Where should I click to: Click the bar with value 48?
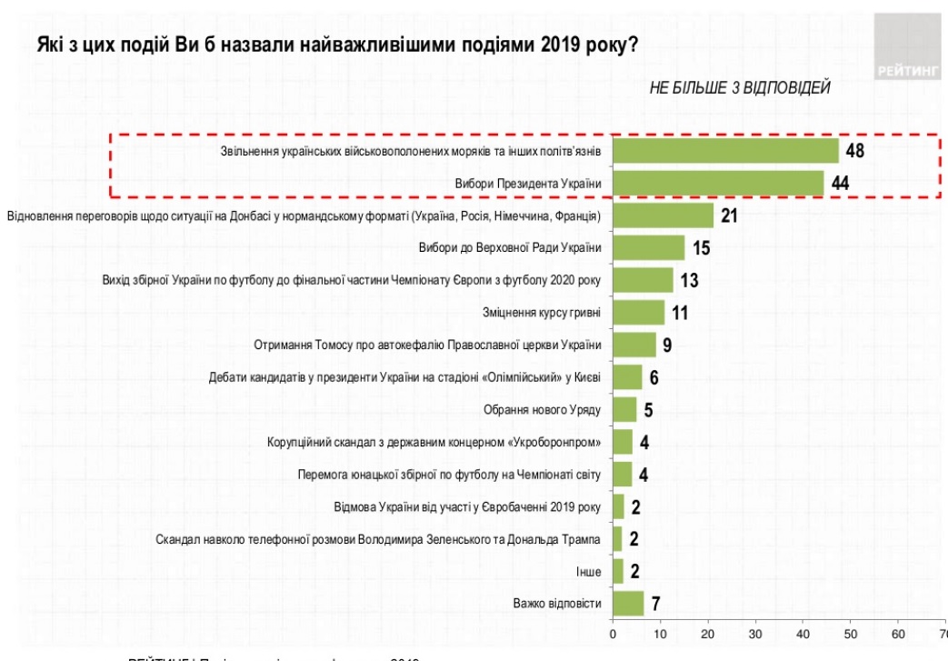(x=725, y=150)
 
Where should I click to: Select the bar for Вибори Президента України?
(x=718, y=183)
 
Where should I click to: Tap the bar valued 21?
(x=663, y=215)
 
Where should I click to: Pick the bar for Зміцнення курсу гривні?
(x=639, y=313)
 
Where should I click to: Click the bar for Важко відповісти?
(x=628, y=603)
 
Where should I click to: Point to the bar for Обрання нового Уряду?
(x=624, y=409)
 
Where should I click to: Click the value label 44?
(x=841, y=184)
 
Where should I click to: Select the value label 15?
(x=700, y=248)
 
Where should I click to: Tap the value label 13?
(x=689, y=280)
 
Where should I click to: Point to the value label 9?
(x=666, y=346)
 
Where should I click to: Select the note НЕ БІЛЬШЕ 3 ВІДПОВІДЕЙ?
(x=739, y=87)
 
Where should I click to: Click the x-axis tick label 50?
(x=851, y=634)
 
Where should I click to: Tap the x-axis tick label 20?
(x=708, y=634)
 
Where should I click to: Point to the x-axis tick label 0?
(x=614, y=634)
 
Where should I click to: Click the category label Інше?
(x=588, y=571)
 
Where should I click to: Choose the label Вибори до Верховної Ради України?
(x=510, y=247)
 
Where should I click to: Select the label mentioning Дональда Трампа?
(x=378, y=538)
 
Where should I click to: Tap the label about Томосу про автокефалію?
(x=428, y=345)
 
